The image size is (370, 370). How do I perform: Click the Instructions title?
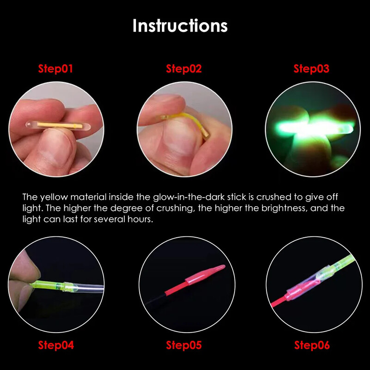(x=180, y=25)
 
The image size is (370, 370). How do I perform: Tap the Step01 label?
(x=55, y=69)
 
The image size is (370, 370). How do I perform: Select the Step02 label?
(x=184, y=69)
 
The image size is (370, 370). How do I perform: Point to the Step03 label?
(x=311, y=69)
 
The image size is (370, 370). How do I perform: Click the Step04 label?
(x=55, y=345)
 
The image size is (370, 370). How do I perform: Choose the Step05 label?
(x=184, y=345)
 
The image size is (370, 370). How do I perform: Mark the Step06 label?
(x=312, y=345)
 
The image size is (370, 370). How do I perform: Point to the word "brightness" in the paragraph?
(x=282, y=208)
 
